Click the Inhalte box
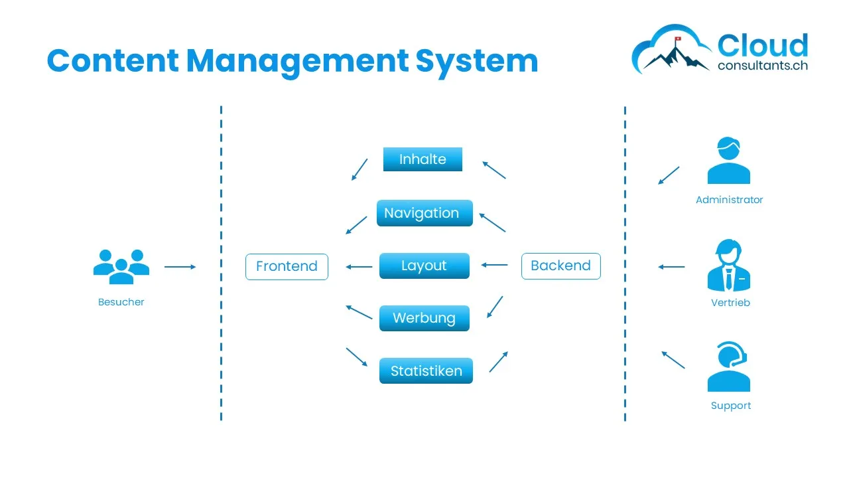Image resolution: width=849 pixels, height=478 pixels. pos(423,159)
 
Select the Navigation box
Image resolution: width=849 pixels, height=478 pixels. pos(424,213)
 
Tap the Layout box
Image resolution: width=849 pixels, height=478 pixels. pos(424,266)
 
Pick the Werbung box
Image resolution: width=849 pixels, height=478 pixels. pos(424,318)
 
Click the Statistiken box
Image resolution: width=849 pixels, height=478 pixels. pos(426,370)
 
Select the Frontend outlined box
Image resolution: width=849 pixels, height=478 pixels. pos(287,266)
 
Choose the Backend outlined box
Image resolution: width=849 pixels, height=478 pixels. pos(560,266)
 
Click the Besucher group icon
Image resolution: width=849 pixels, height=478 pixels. pos(121,266)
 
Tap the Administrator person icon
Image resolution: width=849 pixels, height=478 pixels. pos(728,161)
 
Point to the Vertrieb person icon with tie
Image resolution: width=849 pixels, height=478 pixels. pos(728,266)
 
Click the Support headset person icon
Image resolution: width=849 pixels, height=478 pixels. pos(729,367)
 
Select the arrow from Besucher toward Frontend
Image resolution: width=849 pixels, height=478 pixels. pos(180,267)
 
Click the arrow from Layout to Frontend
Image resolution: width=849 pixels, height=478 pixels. pos(359,267)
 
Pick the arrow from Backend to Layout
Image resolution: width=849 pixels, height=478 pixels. pos(494,265)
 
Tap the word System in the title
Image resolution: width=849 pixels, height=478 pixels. pos(476,60)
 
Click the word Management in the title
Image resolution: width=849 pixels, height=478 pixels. pos(297,60)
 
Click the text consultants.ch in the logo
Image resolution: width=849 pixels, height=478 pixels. pos(763,66)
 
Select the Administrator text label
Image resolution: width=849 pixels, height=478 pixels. pos(729,200)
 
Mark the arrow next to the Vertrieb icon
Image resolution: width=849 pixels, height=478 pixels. pos(671,267)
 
